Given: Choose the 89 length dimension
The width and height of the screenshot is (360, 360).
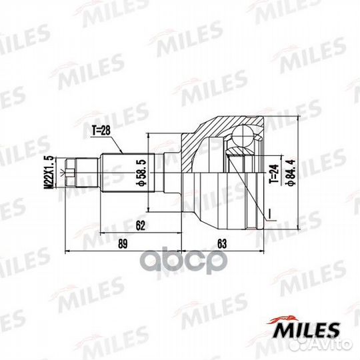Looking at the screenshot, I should [x=122, y=245].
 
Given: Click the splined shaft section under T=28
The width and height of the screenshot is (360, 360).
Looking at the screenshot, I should [x=123, y=173].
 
